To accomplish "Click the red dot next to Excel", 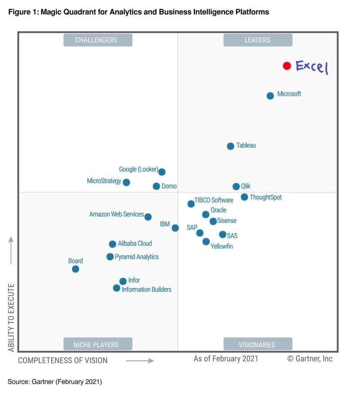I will (287, 66).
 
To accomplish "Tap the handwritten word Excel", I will (312, 67).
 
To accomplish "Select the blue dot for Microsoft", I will (270, 95).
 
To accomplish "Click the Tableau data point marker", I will (230, 146).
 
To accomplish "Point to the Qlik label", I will (246, 186).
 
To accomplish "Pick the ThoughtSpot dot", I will (244, 197).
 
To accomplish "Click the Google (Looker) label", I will (138, 169).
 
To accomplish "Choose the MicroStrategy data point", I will (126, 182).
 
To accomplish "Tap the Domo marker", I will (156, 186).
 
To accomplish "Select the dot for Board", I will (76, 269).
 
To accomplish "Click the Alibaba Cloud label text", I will (135, 243).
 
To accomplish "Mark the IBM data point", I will (175, 228).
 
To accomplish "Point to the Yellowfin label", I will (221, 246).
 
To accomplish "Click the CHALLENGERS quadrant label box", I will (96, 40).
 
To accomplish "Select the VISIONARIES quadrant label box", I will (257, 345).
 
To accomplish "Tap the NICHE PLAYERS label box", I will (96, 345).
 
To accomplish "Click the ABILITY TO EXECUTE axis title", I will (11, 318).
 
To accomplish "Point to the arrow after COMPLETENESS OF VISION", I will (139, 360).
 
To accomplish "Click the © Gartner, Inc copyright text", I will (310, 359).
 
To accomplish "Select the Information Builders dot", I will (117, 288).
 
